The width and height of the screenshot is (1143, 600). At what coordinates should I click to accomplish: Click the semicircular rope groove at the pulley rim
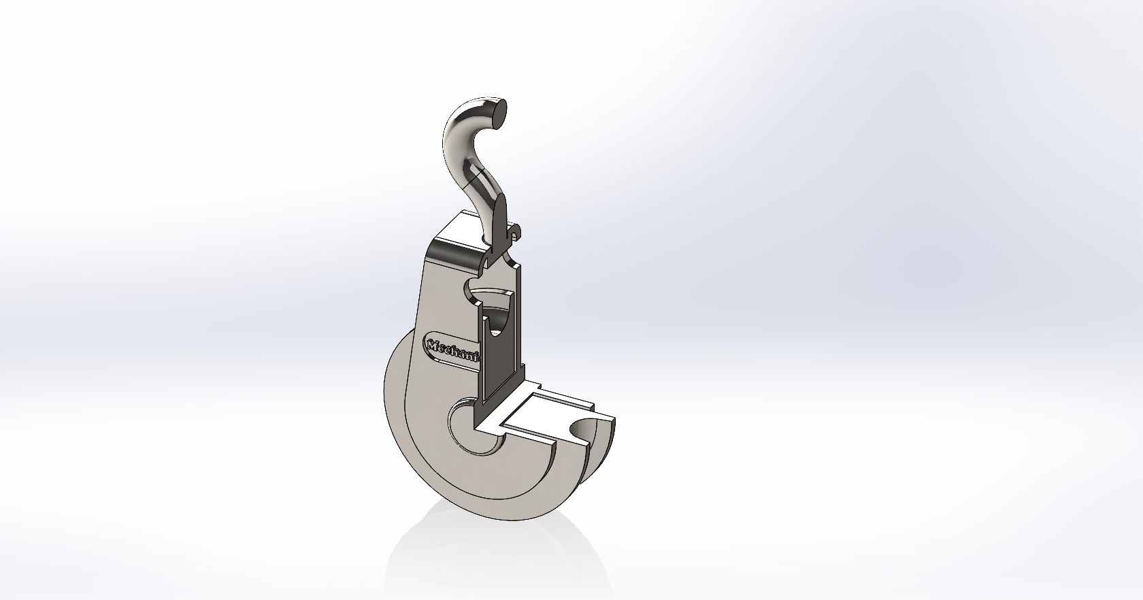[x=582, y=429]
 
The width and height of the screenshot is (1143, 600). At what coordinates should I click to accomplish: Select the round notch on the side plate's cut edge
[x=471, y=289]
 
